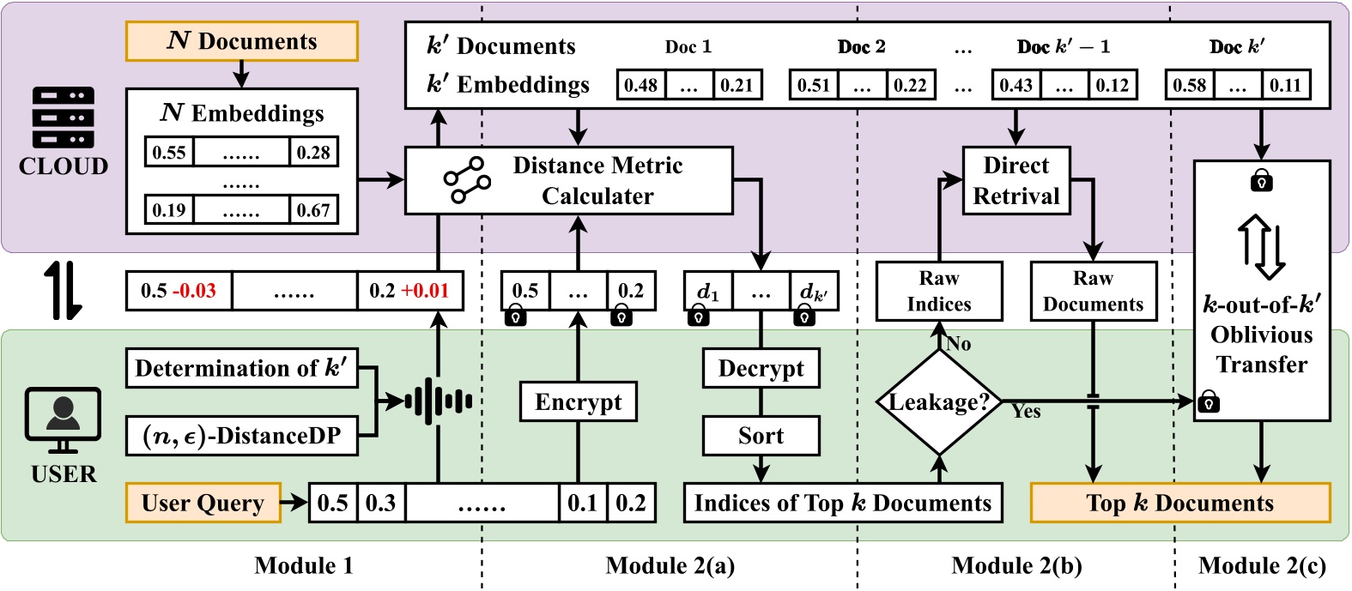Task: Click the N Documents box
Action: [241, 41]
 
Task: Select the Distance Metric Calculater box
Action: [568, 180]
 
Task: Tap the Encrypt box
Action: [578, 401]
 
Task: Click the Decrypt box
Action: [761, 368]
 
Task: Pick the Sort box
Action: [761, 436]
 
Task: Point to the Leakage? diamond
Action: [939, 401]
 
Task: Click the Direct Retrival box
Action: [1016, 180]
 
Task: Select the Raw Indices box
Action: [939, 292]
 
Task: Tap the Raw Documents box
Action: [1093, 292]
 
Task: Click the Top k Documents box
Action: [1179, 503]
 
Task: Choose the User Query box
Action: [203, 503]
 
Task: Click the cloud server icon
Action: [63, 118]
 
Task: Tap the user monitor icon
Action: [63, 419]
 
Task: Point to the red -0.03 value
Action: [194, 291]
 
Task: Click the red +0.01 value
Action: [427, 291]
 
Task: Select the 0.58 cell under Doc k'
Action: [1189, 85]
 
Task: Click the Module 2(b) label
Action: [1016, 566]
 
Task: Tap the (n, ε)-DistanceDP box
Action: [241, 436]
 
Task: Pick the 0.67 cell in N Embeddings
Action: [313, 210]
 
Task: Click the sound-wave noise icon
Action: [438, 401]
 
